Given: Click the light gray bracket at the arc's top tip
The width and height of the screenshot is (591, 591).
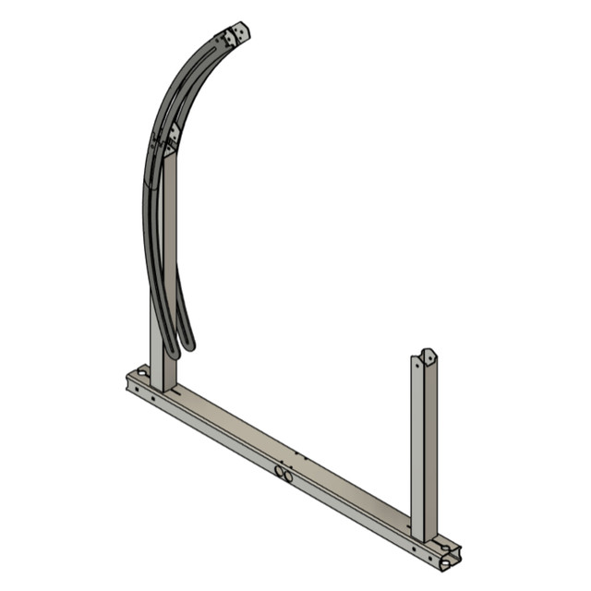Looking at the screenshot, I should (x=238, y=32).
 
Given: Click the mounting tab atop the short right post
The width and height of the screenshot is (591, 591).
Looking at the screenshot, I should (x=427, y=356).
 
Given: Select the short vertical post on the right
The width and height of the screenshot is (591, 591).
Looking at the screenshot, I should (x=424, y=443).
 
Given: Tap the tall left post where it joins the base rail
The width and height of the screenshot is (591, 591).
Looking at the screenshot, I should (x=163, y=380).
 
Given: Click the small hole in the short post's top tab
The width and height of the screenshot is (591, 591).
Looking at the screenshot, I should (x=427, y=354).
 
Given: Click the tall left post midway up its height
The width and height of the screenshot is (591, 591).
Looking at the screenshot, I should (x=163, y=268).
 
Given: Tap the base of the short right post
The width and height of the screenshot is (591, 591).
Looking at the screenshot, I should (x=424, y=534).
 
